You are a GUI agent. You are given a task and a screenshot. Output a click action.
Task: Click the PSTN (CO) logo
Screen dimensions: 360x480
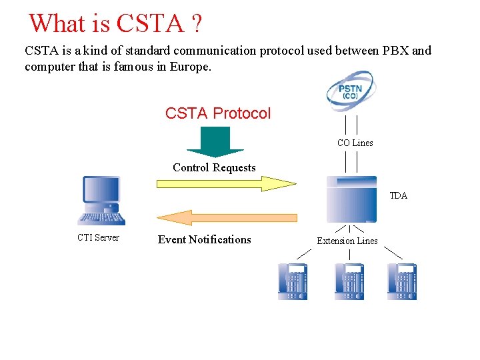pos(351,91)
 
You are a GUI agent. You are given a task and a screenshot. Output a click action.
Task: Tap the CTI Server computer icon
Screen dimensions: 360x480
pos(101,201)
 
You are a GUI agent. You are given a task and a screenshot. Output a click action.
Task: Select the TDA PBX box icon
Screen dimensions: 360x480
pos(351,199)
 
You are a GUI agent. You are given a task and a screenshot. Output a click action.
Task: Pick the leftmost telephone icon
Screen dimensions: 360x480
pos(293,281)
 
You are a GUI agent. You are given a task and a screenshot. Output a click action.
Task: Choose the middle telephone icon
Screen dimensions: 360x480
pos(349,281)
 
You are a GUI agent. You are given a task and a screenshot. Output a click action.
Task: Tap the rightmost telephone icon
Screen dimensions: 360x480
pos(402,281)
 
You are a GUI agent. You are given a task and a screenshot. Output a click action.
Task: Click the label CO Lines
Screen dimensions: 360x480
pos(355,143)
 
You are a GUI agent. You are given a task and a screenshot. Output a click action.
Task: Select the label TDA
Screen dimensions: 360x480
pos(399,195)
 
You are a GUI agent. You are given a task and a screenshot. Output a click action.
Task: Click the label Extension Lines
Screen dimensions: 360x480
pos(347,241)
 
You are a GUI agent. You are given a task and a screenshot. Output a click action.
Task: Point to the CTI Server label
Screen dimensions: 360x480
pos(98,237)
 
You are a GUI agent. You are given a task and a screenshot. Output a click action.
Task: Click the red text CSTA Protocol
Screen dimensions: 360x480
pos(218,113)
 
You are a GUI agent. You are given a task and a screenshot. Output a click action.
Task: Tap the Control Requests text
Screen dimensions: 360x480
pos(214,167)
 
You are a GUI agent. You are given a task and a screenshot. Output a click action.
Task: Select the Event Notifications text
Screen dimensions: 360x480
pos(205,239)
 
